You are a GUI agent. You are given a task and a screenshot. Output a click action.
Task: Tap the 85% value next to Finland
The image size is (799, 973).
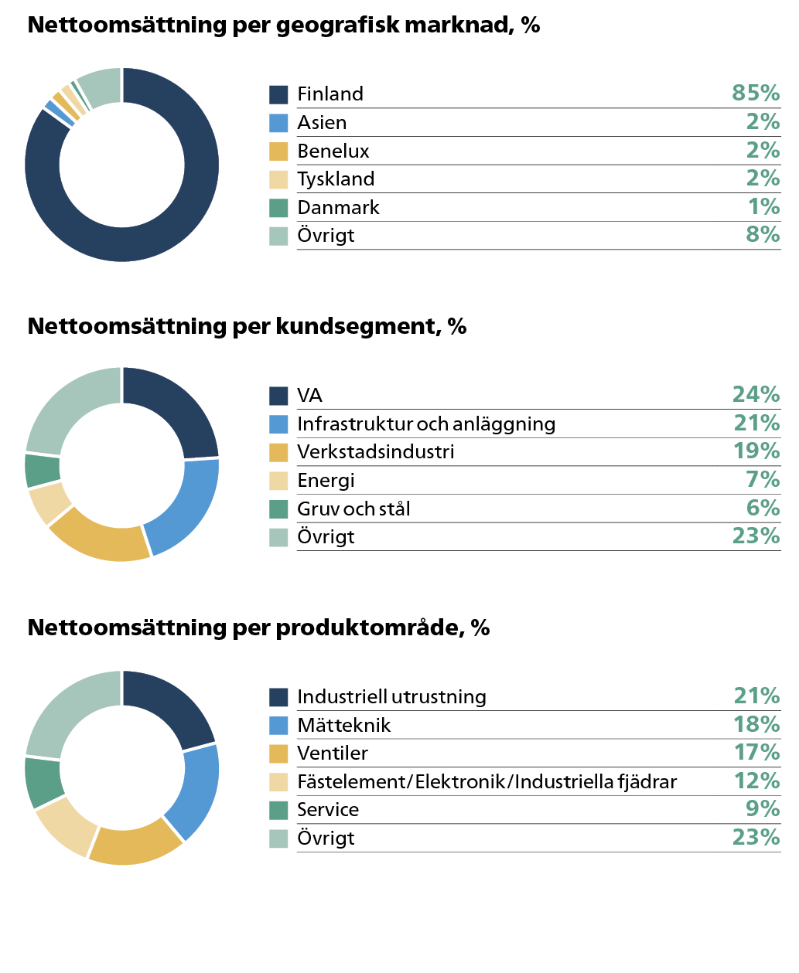click(x=756, y=94)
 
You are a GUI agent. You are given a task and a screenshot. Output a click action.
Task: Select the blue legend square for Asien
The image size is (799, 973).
click(x=278, y=123)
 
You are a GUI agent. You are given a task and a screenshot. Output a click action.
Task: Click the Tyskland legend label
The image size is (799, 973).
click(x=336, y=179)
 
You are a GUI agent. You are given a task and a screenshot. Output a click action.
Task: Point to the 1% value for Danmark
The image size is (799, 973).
click(x=763, y=207)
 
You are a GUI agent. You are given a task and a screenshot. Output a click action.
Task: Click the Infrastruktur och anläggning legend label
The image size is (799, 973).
click(x=426, y=424)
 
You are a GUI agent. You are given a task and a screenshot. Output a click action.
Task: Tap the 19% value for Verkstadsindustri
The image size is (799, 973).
click(x=756, y=451)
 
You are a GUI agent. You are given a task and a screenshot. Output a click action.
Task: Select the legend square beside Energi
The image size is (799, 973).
click(x=278, y=481)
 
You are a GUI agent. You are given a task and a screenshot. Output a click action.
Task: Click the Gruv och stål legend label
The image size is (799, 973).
click(x=353, y=509)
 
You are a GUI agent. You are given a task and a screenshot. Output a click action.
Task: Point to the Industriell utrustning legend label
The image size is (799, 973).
click(x=391, y=697)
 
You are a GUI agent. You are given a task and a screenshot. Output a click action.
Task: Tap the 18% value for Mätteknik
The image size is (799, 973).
click(x=756, y=725)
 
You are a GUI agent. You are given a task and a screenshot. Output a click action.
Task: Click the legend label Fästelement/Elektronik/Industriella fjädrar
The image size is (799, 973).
click(x=487, y=782)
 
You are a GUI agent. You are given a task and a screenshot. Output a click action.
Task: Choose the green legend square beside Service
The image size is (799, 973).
click(x=278, y=810)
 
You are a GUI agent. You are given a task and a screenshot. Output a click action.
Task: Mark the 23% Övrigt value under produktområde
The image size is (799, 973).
click(x=756, y=838)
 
